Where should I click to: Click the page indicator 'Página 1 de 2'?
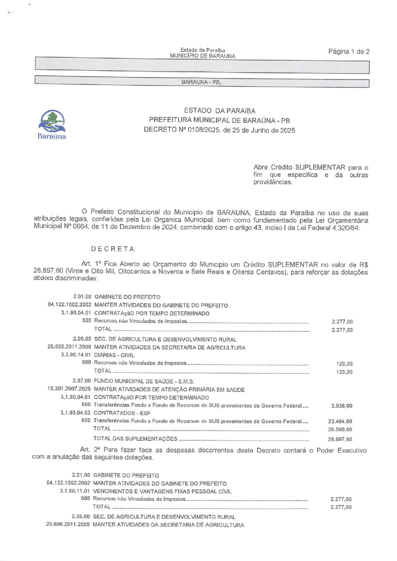(x=349, y=52)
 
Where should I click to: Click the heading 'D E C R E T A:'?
(x=113, y=249)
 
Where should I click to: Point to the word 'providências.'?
(x=273, y=182)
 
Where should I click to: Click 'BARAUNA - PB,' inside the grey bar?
(x=201, y=82)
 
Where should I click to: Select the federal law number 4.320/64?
(x=345, y=228)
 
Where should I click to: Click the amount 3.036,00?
(x=341, y=406)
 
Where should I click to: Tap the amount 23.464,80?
(x=340, y=422)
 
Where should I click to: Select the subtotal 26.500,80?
(x=340, y=430)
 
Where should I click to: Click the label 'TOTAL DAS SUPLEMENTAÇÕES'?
(x=135, y=439)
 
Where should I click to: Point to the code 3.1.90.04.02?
(x=75, y=413)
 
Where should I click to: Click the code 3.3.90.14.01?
(x=75, y=355)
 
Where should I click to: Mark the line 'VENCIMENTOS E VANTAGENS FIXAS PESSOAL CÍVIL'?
(x=162, y=491)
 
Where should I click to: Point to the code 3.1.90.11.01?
(x=75, y=491)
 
